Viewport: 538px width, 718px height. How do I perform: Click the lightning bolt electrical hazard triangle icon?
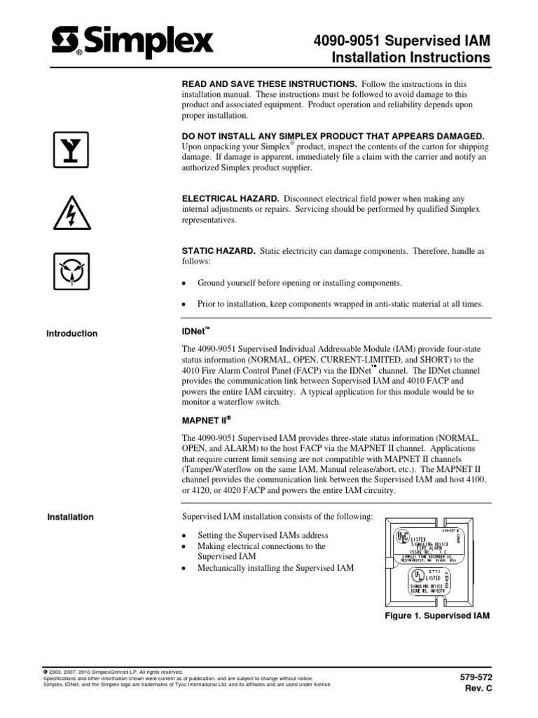(73, 211)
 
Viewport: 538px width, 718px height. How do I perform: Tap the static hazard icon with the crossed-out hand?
(73, 271)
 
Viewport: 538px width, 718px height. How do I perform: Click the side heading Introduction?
(72, 334)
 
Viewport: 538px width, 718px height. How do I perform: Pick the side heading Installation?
(70, 517)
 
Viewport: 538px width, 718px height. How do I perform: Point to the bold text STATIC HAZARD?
(216, 251)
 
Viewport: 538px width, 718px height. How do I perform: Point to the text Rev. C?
(480, 689)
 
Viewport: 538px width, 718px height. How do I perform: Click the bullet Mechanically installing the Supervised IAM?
(276, 567)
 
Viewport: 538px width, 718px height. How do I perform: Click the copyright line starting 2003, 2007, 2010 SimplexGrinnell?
(113, 671)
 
